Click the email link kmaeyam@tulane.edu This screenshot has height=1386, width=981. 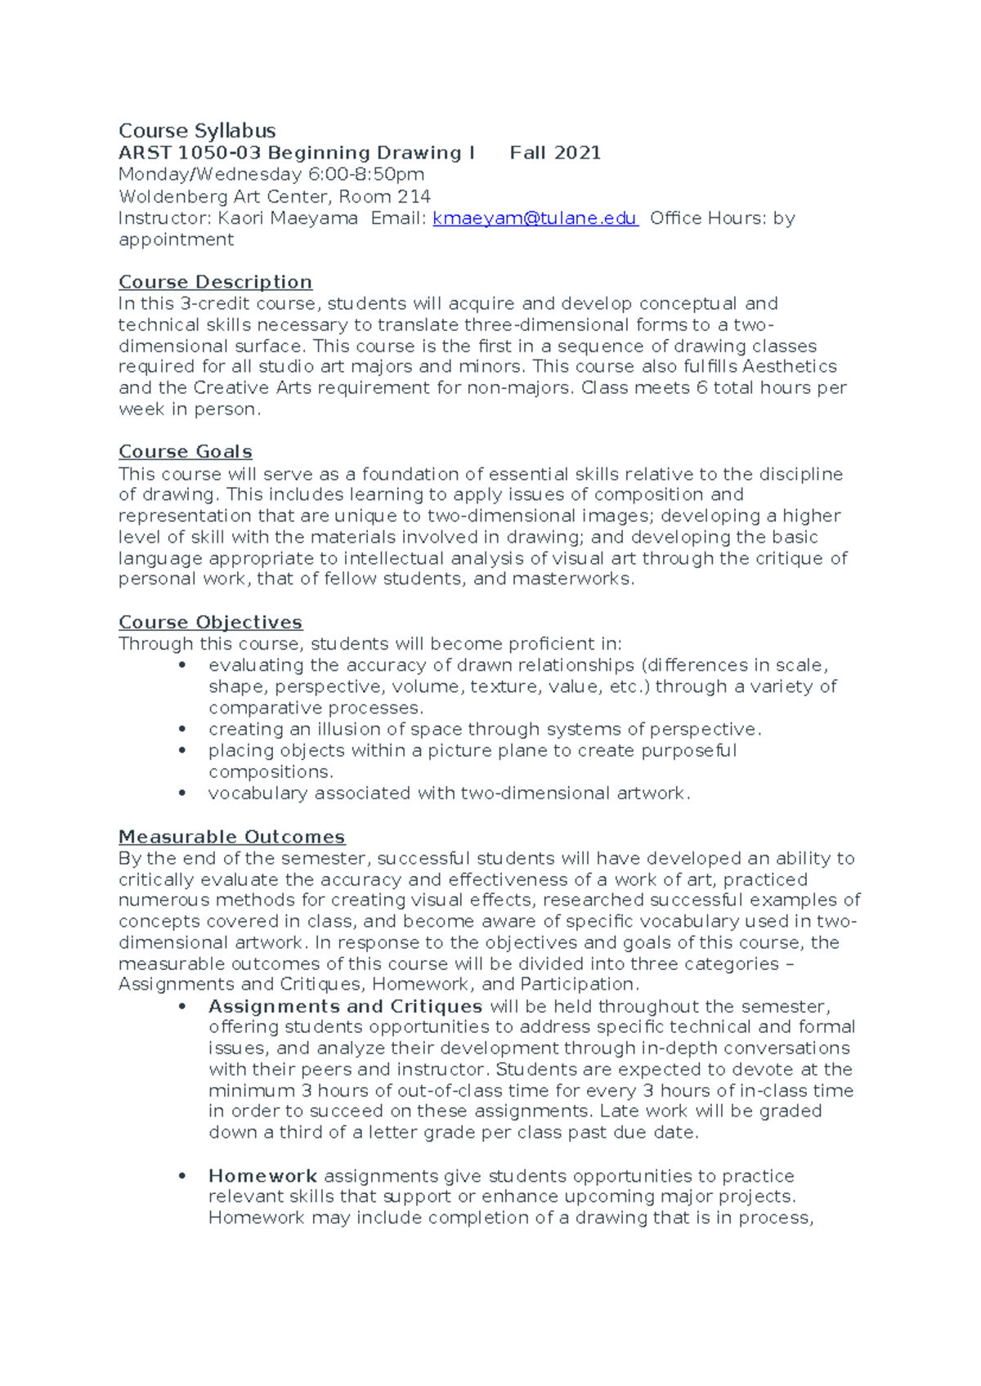point(535,218)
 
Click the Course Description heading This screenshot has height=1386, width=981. point(215,282)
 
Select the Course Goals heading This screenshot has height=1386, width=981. point(185,452)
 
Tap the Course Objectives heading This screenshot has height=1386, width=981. point(210,623)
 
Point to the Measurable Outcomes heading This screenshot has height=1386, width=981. point(231,837)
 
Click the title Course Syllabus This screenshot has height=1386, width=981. point(197,131)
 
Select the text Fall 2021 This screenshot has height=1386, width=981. point(555,153)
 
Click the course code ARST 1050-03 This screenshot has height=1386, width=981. point(190,153)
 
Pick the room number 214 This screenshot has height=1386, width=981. point(414,196)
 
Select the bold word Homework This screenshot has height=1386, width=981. point(262,1176)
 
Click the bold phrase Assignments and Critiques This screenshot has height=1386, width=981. point(345,1006)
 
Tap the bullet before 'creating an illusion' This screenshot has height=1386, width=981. point(182,729)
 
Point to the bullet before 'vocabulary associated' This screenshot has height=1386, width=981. point(182,793)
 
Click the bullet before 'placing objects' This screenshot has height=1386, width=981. point(182,750)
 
